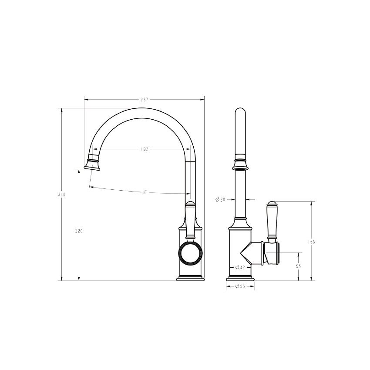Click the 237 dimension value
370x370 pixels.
(x=144, y=100)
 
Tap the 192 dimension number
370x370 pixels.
(x=145, y=149)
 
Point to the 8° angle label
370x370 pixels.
(x=145, y=191)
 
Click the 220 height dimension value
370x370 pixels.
(x=79, y=231)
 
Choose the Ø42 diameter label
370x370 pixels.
(x=240, y=267)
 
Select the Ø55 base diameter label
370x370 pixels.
(x=240, y=286)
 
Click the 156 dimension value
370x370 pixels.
(x=312, y=242)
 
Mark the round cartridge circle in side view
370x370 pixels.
(x=190, y=253)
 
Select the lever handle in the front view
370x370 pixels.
(x=272, y=222)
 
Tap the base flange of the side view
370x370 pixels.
(x=191, y=278)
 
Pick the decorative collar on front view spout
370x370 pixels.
(x=240, y=164)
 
